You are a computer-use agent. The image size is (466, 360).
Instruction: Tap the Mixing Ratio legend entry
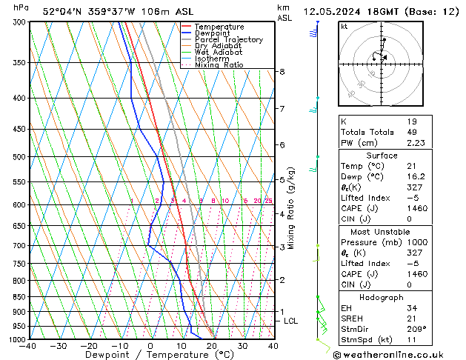coord(219,65)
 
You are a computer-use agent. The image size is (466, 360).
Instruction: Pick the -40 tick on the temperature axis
coord(29,346)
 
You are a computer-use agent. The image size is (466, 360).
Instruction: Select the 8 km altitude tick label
coord(282,72)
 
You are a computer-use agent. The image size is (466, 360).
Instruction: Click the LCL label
coord(290,321)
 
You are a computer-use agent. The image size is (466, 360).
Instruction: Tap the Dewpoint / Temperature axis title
coord(149,355)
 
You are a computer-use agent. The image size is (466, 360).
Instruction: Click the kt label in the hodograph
coord(344,26)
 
